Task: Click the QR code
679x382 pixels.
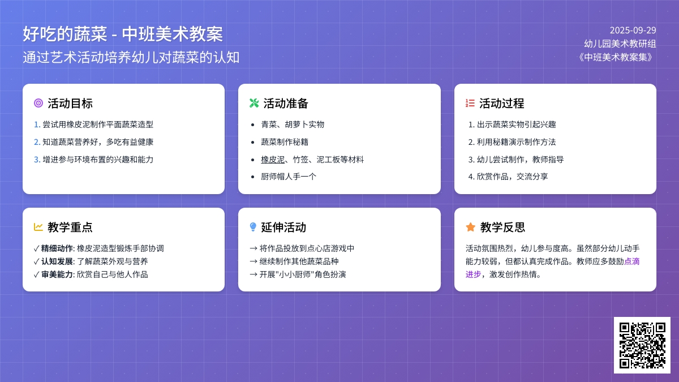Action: point(642,345)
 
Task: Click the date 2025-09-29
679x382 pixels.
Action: point(633,31)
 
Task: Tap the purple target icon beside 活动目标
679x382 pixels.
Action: point(38,103)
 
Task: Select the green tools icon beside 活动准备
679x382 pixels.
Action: point(254,103)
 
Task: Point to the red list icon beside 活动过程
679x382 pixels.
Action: point(470,103)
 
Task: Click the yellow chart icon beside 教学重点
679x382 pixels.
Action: point(38,227)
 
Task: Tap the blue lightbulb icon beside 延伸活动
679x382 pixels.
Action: point(253,227)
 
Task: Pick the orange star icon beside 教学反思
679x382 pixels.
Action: point(470,227)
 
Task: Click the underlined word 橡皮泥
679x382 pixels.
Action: point(273,160)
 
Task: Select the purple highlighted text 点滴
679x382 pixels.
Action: point(631,261)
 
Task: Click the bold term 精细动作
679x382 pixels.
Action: point(57,248)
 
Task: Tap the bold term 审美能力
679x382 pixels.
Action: point(57,274)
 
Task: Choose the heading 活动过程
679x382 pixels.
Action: point(502,104)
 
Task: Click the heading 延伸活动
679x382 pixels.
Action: point(283,227)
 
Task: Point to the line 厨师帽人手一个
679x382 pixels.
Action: point(289,177)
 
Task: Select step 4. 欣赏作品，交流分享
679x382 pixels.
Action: point(508,177)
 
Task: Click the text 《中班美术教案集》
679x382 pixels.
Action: point(616,57)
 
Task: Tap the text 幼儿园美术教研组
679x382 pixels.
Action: point(620,44)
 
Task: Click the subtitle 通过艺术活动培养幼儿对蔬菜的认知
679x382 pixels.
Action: point(131,57)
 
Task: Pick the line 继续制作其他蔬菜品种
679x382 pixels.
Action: point(294,261)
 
